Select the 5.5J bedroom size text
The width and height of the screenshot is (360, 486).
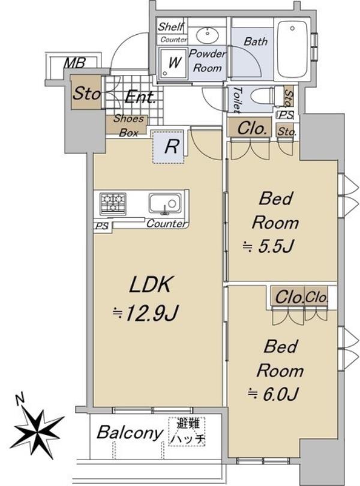269,247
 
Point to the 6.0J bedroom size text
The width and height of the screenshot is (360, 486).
274,394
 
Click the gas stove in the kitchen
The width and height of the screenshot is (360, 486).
113,203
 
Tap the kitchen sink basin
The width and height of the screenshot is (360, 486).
164,203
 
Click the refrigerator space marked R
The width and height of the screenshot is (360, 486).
168,146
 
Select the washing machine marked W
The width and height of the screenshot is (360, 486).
173,63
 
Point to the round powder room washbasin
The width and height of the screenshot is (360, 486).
208,35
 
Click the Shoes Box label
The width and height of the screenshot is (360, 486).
128,125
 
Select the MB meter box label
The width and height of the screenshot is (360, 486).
74,63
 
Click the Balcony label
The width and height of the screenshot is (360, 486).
130,432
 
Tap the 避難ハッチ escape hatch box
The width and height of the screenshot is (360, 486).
187,431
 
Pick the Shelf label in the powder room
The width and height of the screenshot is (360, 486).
171,26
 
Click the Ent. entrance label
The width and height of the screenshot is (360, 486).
140,97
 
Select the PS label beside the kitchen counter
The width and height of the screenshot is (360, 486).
101,226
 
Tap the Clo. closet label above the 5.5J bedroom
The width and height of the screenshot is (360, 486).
252,128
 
